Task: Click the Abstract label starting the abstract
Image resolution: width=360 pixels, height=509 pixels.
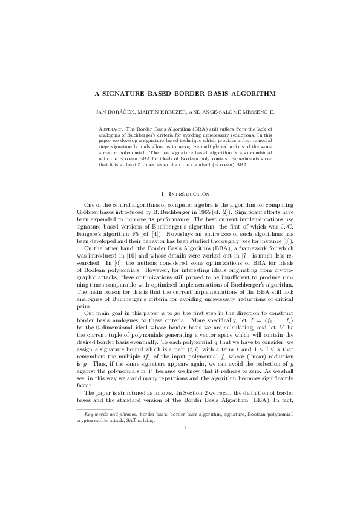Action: [110, 129]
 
